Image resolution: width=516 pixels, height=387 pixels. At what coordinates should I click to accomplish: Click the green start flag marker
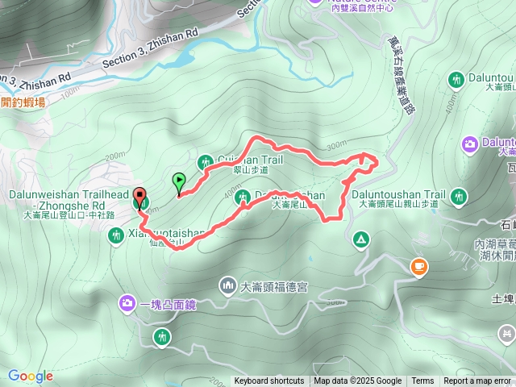coord(178,182)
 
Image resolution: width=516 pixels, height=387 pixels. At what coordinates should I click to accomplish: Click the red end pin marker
coord(139,198)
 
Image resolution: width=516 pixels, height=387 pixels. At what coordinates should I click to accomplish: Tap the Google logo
coord(31,376)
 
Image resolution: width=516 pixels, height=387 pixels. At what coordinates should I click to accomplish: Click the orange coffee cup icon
coord(418,267)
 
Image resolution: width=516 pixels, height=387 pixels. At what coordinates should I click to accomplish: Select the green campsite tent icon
coord(360,239)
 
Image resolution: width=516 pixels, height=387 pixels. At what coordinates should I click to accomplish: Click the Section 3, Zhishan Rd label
coord(150,50)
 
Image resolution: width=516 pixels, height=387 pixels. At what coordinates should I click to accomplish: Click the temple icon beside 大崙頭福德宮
coord(227,285)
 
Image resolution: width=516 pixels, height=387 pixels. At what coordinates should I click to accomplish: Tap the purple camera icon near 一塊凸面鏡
coord(127,303)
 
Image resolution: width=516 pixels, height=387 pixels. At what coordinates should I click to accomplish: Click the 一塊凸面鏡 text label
coord(168,304)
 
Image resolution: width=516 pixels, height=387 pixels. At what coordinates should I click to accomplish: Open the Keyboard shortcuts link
coord(269,381)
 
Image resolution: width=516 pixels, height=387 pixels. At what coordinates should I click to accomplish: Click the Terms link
coord(422,381)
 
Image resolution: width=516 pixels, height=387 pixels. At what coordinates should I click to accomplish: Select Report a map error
coord(477,381)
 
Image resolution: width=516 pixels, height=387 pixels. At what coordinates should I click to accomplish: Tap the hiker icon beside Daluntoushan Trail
coord(459,195)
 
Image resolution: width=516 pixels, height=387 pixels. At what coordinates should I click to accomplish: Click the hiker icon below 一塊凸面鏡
coord(162,335)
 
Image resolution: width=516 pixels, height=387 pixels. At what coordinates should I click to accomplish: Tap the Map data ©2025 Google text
coord(357,381)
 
